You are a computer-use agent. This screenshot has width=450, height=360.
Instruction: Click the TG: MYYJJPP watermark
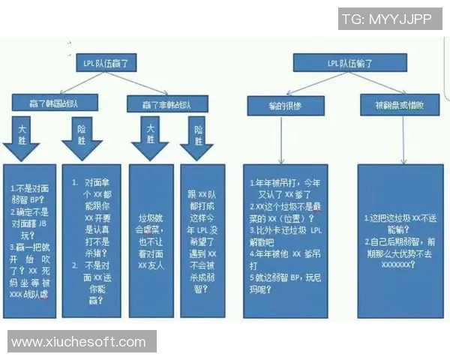[386, 19]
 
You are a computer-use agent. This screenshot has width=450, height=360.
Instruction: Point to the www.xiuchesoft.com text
[79, 342]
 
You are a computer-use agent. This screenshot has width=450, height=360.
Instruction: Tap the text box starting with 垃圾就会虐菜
[151, 236]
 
